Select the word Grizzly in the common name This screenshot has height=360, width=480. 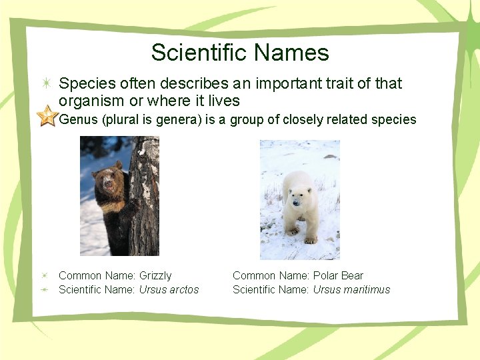click(155, 275)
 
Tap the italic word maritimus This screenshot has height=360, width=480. click(366, 289)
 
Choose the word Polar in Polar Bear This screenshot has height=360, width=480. click(326, 275)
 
